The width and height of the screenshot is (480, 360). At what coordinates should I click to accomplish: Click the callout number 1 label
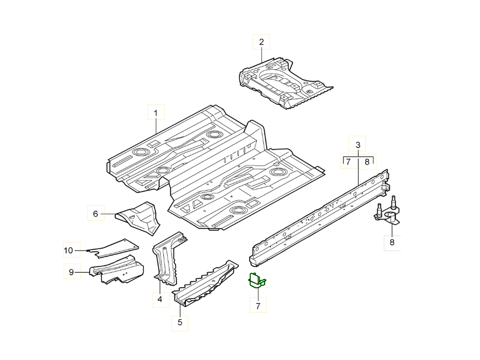(156, 113)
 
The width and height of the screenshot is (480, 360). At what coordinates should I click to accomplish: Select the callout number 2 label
(261, 42)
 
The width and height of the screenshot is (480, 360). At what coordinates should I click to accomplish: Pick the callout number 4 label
(160, 299)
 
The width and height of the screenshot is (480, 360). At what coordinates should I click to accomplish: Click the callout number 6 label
(95, 214)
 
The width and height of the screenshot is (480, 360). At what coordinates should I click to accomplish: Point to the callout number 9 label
(71, 272)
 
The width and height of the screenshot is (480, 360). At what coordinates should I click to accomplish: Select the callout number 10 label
(68, 250)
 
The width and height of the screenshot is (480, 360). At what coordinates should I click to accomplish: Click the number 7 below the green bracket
(258, 306)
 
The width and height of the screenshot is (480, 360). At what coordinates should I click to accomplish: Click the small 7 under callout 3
(348, 162)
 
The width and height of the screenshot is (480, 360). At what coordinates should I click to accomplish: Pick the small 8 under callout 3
(367, 162)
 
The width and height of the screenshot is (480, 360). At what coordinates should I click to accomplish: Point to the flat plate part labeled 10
(114, 248)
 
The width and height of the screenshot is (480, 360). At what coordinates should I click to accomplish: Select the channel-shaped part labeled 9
(117, 270)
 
